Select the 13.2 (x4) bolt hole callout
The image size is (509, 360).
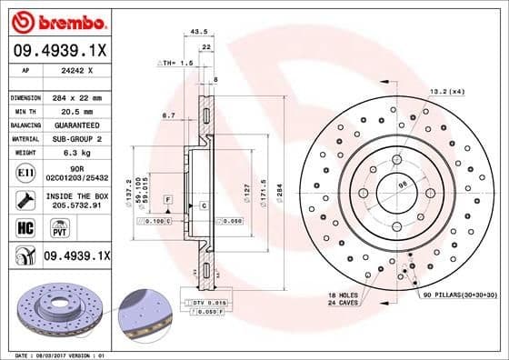(446, 91)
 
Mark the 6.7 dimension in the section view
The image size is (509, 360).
(168, 115)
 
